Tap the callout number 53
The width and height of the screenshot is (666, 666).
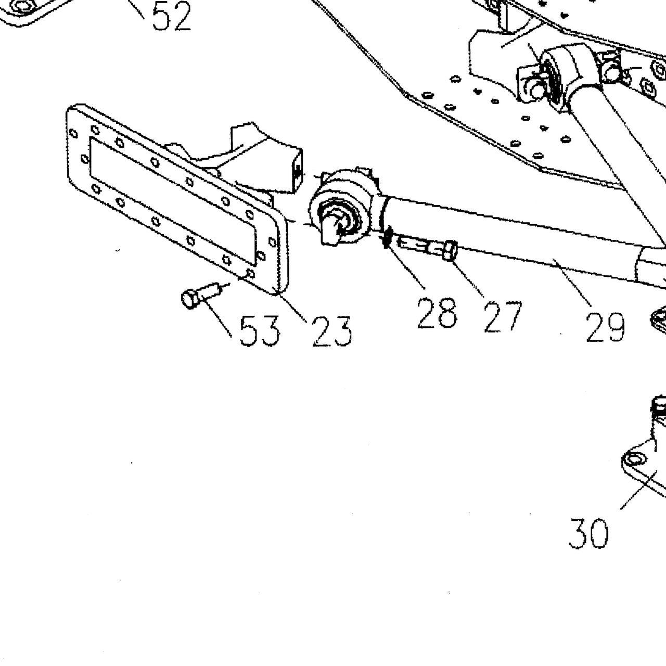pos(259,331)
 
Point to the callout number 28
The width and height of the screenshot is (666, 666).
pos(437,313)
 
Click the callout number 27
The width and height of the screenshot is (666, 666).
pos(503,317)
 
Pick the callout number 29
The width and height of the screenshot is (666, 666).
pos(606,327)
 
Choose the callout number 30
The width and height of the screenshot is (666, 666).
pos(588,533)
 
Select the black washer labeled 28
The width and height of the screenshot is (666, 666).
pos(387,237)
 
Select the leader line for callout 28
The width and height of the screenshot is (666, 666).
pos(406,264)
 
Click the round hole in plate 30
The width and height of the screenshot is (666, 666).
pos(633,459)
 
